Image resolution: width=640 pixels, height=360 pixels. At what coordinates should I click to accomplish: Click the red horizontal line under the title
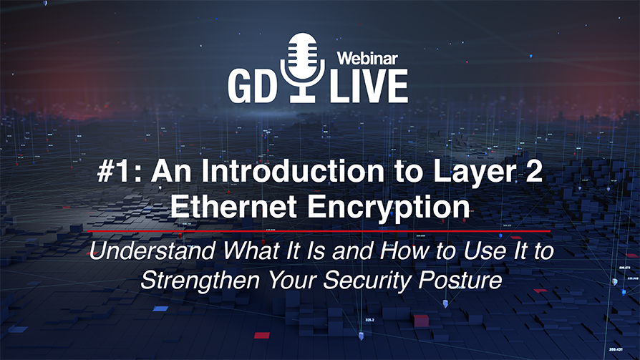click(319, 232)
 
